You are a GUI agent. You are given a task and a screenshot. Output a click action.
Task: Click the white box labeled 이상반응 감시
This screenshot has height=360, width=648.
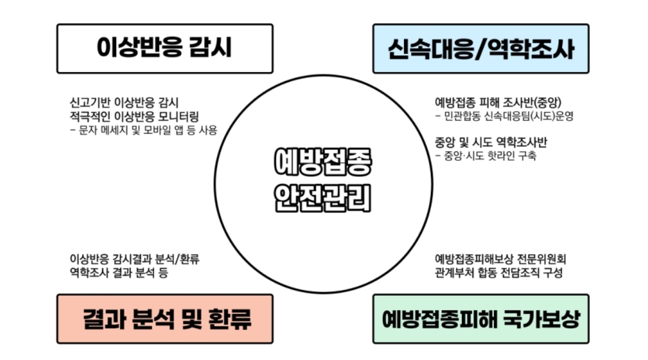click(164, 49)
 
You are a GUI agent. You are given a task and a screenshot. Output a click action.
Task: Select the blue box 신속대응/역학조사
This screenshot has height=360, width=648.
click(481, 49)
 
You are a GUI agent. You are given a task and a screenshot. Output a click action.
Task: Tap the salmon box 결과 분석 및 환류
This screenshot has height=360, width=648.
click(164, 319)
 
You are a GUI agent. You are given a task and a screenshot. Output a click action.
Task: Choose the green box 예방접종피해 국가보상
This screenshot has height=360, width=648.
click(481, 319)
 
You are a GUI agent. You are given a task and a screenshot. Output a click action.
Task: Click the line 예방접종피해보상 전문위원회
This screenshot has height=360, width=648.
click(500, 260)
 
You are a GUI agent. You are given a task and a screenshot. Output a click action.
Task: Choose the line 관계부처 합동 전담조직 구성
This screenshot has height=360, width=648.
click(499, 273)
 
